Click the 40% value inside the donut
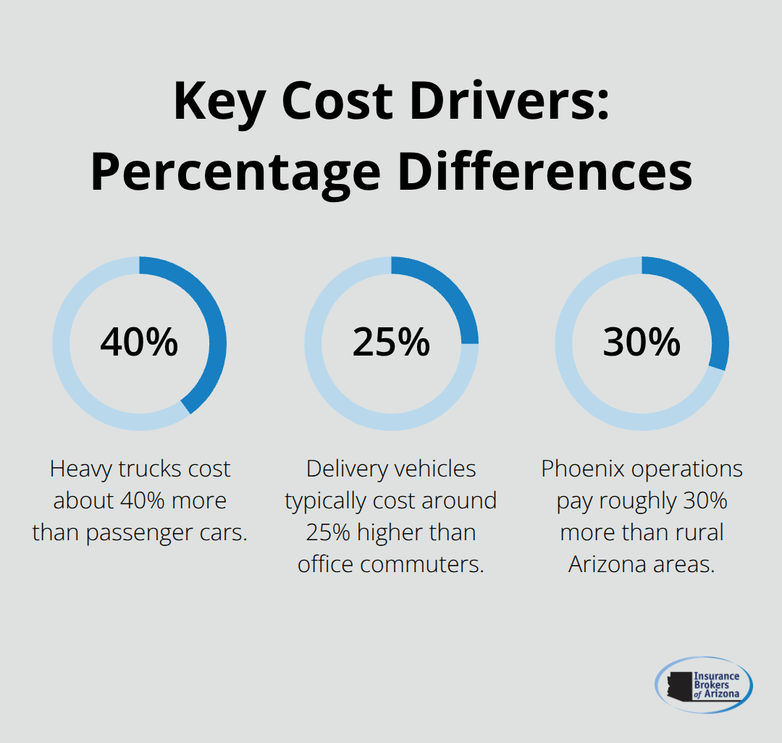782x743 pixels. pyautogui.click(x=139, y=342)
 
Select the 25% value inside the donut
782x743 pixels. pyautogui.click(x=391, y=342)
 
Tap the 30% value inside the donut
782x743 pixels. pyautogui.click(x=642, y=342)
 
